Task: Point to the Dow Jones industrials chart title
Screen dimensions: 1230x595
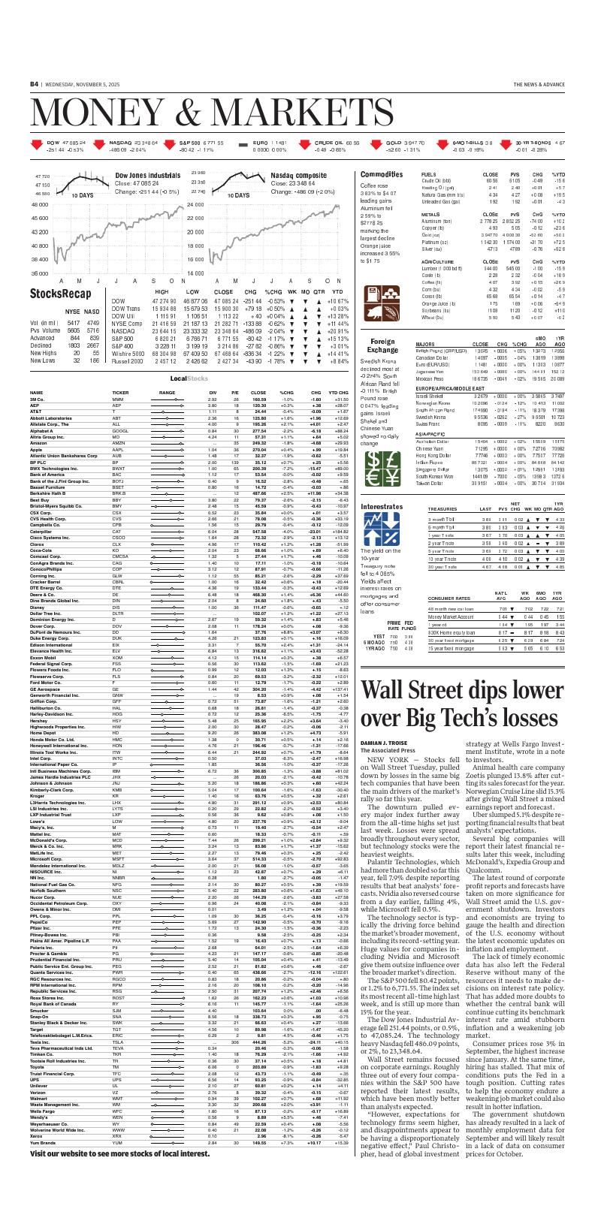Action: pyautogui.click(x=147, y=175)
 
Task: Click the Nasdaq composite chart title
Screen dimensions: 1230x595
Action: pyautogui.click(x=298, y=175)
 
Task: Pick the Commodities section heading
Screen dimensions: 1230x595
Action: pyautogui.click(x=382, y=174)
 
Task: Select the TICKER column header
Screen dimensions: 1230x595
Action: pyautogui.click(x=120, y=392)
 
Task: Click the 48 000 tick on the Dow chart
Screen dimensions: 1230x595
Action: pyautogui.click(x=40, y=205)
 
